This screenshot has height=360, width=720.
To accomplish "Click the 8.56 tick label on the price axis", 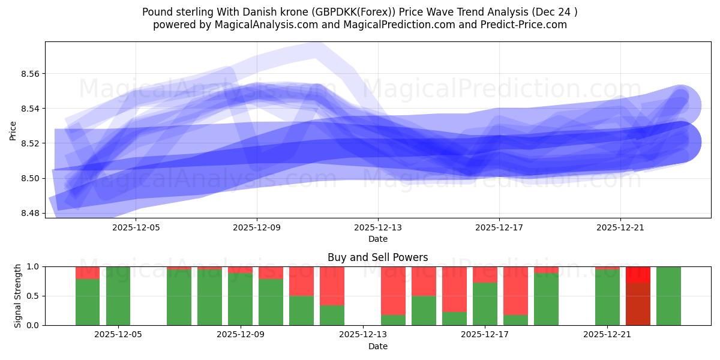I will (31, 74).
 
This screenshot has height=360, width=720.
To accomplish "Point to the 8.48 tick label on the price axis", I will (31, 213).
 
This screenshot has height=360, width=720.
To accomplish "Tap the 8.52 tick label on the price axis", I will (31, 143).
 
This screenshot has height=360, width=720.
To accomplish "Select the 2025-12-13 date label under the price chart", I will (378, 228).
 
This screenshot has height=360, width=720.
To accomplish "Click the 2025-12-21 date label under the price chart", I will (620, 228).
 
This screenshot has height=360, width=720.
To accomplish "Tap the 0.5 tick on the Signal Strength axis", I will (33, 296).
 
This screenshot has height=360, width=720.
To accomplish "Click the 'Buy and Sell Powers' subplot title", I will (378, 258).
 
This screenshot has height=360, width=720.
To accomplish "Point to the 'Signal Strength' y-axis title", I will (18, 296).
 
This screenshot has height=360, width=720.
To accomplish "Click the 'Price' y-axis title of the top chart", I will (13, 130).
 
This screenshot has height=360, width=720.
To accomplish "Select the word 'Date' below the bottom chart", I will (378, 346).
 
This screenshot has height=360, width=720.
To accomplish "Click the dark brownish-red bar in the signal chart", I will (638, 304).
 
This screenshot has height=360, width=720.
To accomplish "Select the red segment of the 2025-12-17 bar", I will (485, 274).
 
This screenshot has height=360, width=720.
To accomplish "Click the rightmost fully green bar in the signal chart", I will (668, 296).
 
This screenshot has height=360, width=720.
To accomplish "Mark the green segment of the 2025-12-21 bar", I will (607, 298).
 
